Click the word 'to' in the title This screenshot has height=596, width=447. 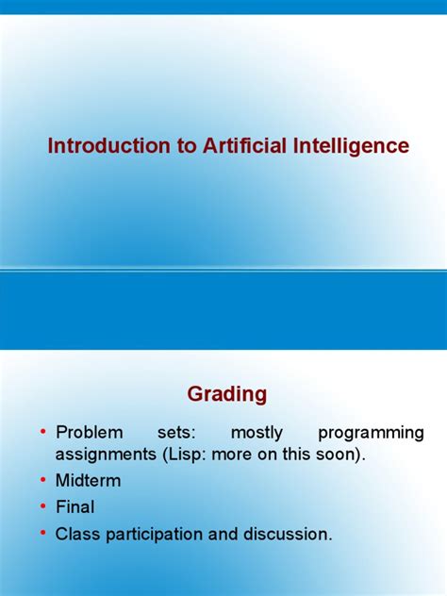coord(176,146)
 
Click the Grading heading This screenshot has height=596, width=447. coord(227,393)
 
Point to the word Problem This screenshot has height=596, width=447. coord(90,433)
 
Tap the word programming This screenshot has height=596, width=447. coord(371,433)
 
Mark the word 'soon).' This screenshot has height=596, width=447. coord(339,455)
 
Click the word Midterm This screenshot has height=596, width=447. coord(89,481)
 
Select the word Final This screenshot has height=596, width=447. coord(75,507)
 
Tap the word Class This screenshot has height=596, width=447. coord(78,534)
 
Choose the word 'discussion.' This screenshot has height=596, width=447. coord(288,534)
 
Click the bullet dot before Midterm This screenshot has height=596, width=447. coord(43,481)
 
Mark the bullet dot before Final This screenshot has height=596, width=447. coord(43,507)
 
